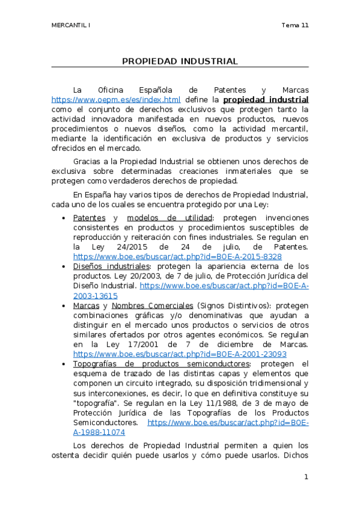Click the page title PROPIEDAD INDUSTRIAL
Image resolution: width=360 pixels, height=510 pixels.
coord(180,61)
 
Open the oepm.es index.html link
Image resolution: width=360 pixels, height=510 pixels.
coord(116,99)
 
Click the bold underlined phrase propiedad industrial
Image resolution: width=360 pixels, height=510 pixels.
coord(266,99)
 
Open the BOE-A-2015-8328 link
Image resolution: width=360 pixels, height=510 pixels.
coord(177,256)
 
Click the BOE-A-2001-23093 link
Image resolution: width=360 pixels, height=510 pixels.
coord(180,354)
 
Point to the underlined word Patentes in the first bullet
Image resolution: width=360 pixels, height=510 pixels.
coord(89,217)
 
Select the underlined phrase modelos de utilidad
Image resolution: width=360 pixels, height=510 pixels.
coord(165,217)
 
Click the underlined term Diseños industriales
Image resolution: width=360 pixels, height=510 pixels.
coord(111,266)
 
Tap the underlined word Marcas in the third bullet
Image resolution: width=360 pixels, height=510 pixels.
coord(86,306)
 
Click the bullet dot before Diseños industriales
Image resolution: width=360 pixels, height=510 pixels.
coord(64,266)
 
